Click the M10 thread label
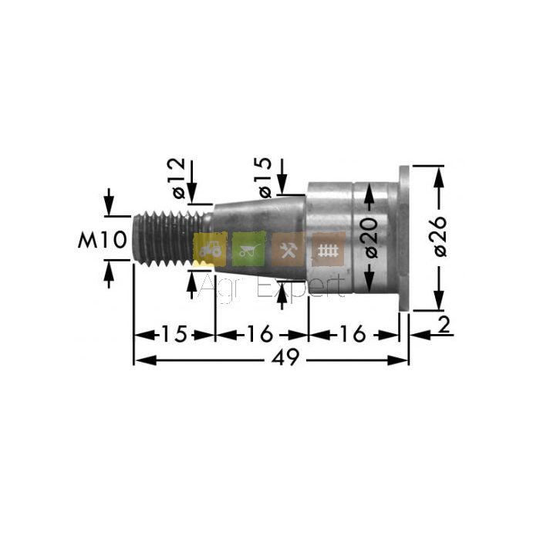[x=103, y=240]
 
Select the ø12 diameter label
[x=180, y=178]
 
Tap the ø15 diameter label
[x=265, y=177]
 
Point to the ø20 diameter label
[x=372, y=238]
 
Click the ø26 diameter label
[x=440, y=236]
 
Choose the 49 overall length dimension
[x=285, y=357]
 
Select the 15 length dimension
[x=174, y=333]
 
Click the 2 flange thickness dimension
[x=444, y=325]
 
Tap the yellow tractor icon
[x=210, y=249]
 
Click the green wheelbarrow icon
[x=249, y=249]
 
